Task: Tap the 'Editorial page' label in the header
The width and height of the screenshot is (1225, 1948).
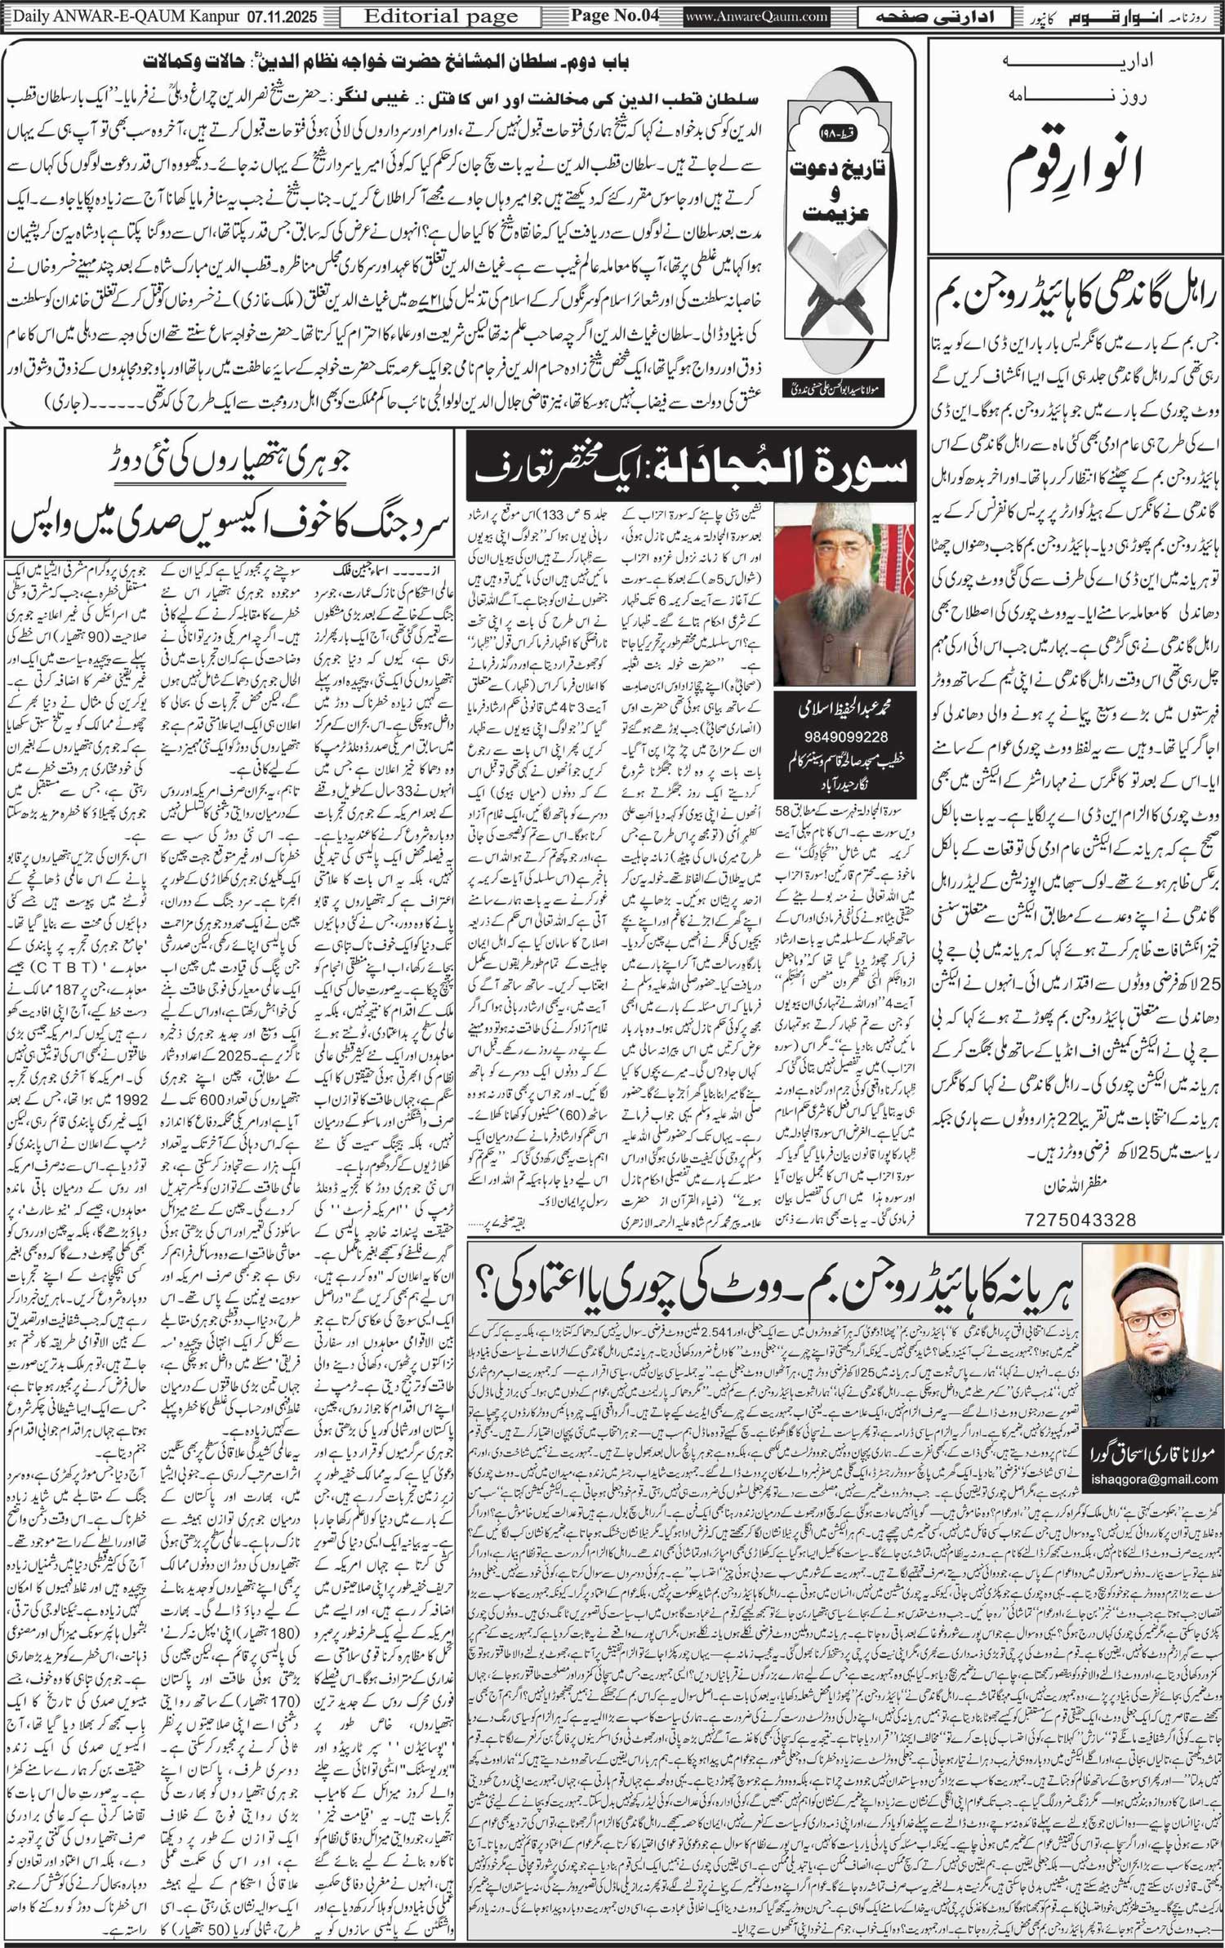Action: tap(440, 16)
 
